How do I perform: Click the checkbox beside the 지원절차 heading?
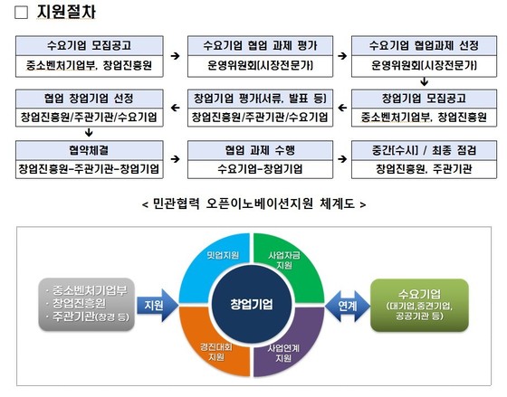pos(22,13)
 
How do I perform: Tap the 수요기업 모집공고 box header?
pos(90,45)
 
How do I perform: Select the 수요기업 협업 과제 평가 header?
pos(261,45)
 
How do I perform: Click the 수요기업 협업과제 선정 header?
pos(424,45)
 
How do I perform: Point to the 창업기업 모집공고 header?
pos(424,99)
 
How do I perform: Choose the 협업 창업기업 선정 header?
pos(90,99)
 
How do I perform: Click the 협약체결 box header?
pos(90,150)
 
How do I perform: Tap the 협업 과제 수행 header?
pos(261,150)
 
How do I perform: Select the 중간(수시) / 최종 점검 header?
pos(424,150)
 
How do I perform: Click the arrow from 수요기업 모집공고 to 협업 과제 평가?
pos(176,56)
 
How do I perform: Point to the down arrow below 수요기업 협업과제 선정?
pos(425,81)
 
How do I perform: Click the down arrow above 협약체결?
pos(89,132)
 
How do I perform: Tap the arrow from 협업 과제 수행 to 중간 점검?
pos(342,159)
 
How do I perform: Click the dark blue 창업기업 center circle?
pos(252,304)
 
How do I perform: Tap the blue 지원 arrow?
pos(158,306)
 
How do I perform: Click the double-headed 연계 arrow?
pos(348,306)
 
